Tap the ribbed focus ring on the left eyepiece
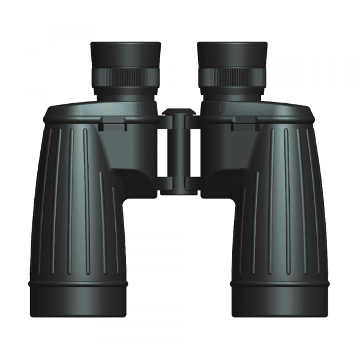click(x=126, y=76)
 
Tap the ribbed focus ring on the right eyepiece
click(x=232, y=76)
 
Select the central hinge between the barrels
click(x=179, y=153)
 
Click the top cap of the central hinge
click(x=179, y=112)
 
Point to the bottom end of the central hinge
click(x=179, y=190)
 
